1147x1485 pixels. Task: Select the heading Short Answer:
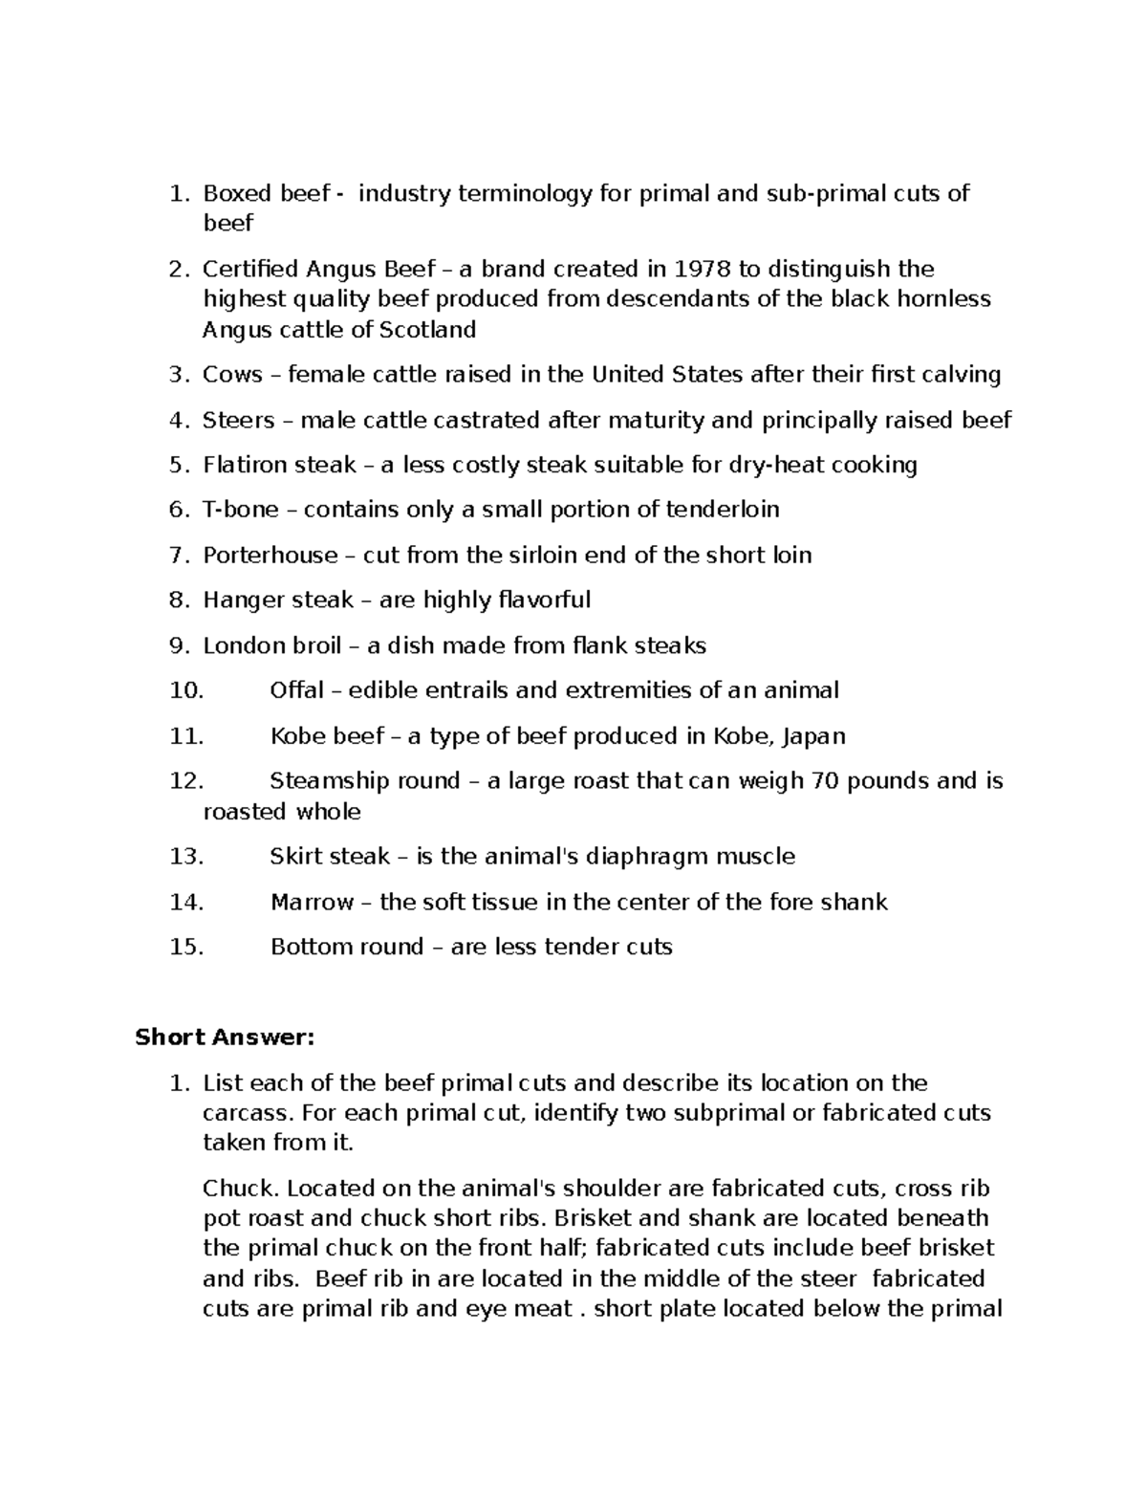point(225,1037)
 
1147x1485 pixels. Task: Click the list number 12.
point(185,781)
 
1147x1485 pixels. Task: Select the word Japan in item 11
point(813,736)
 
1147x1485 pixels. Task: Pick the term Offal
point(297,690)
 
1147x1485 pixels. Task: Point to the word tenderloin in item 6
point(723,510)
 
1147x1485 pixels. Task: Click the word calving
point(962,374)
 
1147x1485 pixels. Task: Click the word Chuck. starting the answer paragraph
point(241,1189)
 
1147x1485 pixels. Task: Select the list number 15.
point(185,947)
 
